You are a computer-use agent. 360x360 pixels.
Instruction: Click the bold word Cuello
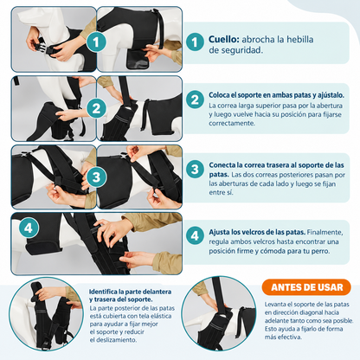coord(224,39)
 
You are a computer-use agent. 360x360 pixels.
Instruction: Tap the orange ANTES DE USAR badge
coord(306,287)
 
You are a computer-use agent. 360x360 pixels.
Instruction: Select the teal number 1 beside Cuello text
coord(195,42)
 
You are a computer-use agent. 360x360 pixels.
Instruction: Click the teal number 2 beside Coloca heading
coord(195,100)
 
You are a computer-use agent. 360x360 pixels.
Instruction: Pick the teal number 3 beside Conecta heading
coord(195,170)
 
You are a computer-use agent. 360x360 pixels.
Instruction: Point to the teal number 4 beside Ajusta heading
coord(195,235)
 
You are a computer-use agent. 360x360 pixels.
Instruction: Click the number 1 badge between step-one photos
coord(96,42)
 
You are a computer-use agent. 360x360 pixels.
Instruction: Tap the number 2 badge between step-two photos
coord(96,108)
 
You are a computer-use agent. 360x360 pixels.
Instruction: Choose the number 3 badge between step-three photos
coord(96,177)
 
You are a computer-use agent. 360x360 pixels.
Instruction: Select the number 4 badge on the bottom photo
coord(29,228)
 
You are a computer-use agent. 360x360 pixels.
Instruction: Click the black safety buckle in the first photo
coord(44,48)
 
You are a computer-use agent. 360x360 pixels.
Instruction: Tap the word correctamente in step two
coord(232,123)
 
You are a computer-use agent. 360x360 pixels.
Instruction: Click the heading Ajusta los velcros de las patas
coord(257,232)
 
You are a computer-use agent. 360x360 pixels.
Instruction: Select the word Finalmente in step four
coord(325,232)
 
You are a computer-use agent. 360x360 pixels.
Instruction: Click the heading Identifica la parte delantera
coord(130,292)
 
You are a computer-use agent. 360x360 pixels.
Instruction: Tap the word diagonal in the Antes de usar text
coord(311,312)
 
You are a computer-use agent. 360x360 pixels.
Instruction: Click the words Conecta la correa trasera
coord(248,165)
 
